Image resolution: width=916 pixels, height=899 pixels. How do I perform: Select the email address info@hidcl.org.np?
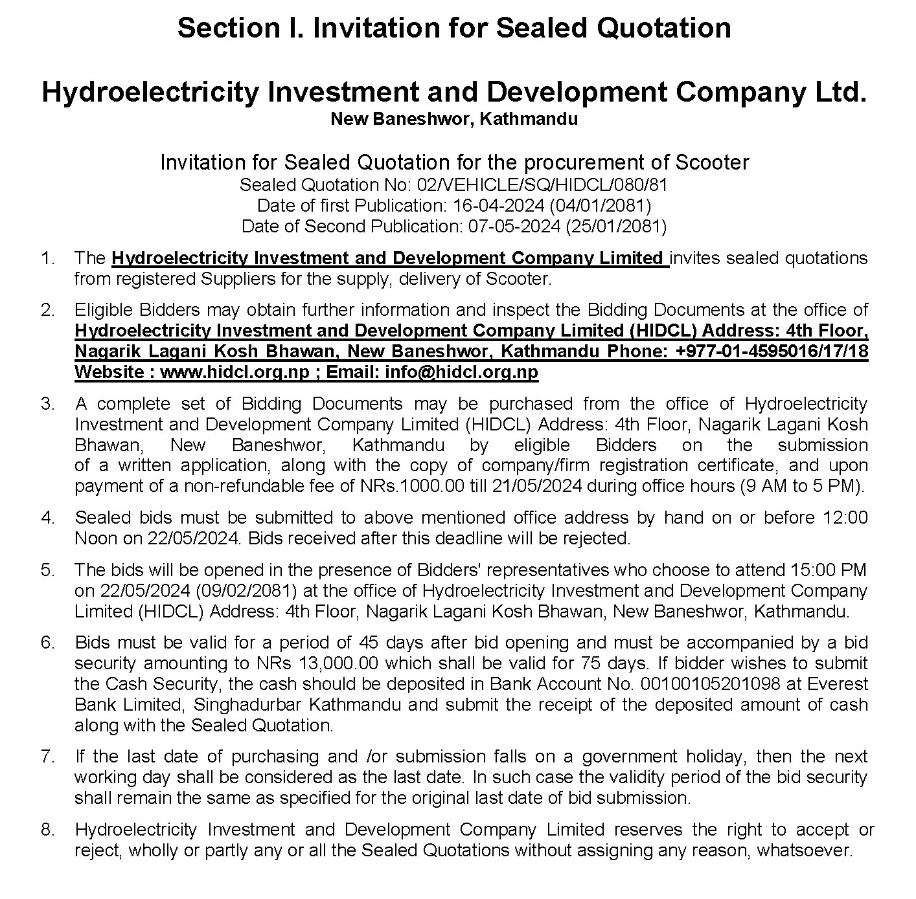pos(461,372)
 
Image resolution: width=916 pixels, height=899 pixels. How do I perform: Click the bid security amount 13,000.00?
pos(340,663)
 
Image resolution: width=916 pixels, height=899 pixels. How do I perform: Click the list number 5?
pos(47,570)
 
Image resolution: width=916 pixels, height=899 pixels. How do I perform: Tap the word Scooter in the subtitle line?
pos(712,162)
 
